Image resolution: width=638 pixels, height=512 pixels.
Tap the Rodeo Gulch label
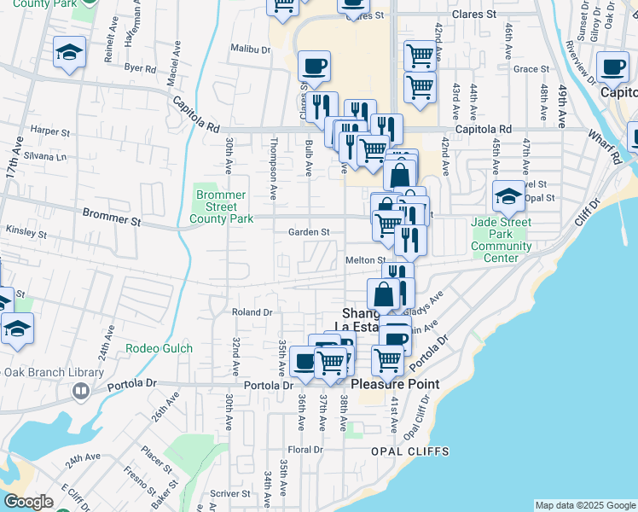coord(159,348)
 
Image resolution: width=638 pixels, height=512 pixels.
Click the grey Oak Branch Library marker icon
coord(81,391)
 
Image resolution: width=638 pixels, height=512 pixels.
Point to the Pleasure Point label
coord(395,384)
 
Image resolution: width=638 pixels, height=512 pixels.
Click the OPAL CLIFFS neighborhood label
coord(402,451)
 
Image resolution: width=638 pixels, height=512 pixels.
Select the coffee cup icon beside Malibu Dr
coord(315,66)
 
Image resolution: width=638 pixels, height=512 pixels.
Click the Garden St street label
coord(308,232)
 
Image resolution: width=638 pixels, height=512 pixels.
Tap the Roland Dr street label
coord(252,312)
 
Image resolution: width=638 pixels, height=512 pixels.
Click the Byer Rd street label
coord(140,67)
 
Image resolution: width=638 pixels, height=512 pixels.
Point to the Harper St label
coord(49,132)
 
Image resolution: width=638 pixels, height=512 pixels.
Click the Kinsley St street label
coord(26,233)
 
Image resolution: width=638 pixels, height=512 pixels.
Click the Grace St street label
coord(531,69)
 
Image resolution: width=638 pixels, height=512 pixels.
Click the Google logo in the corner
coord(29,502)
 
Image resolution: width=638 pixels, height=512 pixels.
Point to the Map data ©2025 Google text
coord(585,505)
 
